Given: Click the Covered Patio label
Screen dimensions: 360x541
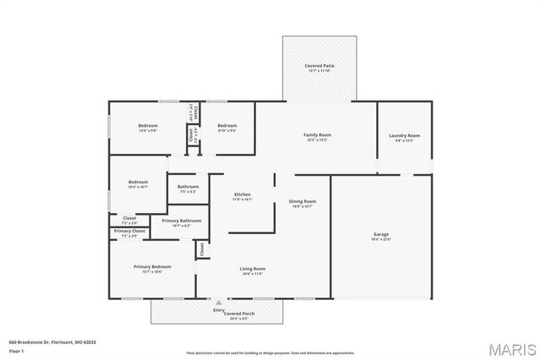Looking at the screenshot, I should tap(319, 65).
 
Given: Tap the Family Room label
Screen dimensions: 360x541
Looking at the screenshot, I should tap(317, 134).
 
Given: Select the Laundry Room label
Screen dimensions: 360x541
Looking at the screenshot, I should tap(404, 135).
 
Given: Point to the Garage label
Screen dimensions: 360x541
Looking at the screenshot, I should tap(381, 234).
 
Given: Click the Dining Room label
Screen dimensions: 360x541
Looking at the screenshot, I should tap(303, 201).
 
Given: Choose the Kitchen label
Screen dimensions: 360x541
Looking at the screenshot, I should tap(243, 194).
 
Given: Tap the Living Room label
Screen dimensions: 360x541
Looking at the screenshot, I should tap(241, 269).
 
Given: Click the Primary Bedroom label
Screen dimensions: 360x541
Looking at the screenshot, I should tap(152, 267).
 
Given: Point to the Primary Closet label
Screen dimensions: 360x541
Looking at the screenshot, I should tap(129, 231).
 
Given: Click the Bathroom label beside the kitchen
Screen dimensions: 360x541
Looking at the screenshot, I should tap(188, 187).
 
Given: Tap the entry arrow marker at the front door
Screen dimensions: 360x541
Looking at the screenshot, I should tap(219, 302).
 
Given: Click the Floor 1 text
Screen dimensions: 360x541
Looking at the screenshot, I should tap(17, 350).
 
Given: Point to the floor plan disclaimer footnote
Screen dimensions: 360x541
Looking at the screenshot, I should tap(270, 352).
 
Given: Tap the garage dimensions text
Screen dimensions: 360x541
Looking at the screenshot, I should tap(381, 239).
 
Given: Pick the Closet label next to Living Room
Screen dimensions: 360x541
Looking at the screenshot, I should tap(201, 249).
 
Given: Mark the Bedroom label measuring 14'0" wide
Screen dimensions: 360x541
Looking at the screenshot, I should tap(148, 126).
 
